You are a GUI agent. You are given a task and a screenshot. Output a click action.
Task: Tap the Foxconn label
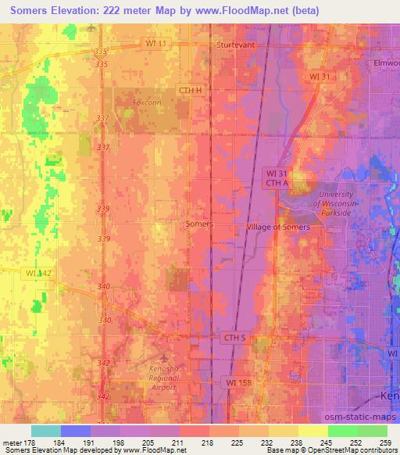(146, 102)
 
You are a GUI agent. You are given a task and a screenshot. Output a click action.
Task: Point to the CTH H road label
(189, 90)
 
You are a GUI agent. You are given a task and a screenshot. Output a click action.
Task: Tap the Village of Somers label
(278, 227)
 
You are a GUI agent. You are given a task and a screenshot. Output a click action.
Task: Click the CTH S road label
(234, 337)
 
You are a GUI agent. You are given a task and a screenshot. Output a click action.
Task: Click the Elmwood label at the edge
(386, 62)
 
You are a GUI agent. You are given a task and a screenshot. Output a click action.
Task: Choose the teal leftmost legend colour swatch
(47, 430)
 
